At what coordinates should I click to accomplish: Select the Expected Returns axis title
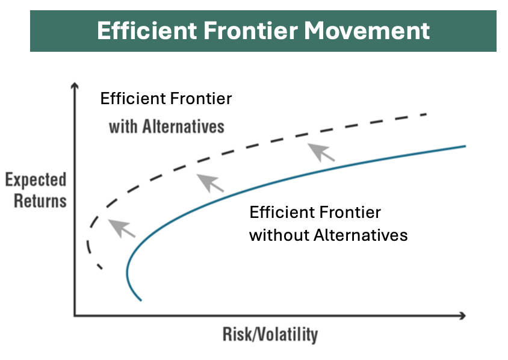tap(36, 190)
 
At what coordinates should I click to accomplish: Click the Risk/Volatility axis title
tap(270, 334)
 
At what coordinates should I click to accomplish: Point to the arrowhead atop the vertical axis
tap(75, 88)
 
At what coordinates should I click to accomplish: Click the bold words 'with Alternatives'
tap(166, 126)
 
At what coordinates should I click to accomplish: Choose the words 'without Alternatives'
tap(328, 234)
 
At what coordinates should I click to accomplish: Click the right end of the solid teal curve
tap(465, 146)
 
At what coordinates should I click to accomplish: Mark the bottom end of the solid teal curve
tap(141, 299)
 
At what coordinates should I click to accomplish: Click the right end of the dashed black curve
tap(426, 114)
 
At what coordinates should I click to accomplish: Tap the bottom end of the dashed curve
tap(101, 268)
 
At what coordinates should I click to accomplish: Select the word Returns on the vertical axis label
tap(40, 200)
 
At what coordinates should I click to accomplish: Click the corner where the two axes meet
tap(75, 315)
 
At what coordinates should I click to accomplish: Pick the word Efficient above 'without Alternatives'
tap(277, 213)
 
